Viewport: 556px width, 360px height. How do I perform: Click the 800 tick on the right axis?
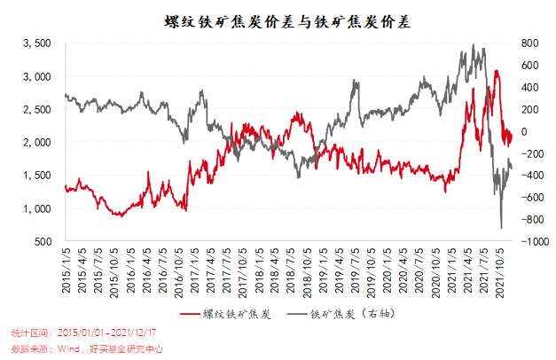529,43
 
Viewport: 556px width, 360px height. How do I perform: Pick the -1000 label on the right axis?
534,241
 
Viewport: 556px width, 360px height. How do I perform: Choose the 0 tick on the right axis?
524,131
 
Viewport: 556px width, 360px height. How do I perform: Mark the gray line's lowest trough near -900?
501,229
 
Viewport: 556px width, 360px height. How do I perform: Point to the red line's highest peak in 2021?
497,70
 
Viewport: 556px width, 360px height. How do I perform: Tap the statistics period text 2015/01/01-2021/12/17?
107,332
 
